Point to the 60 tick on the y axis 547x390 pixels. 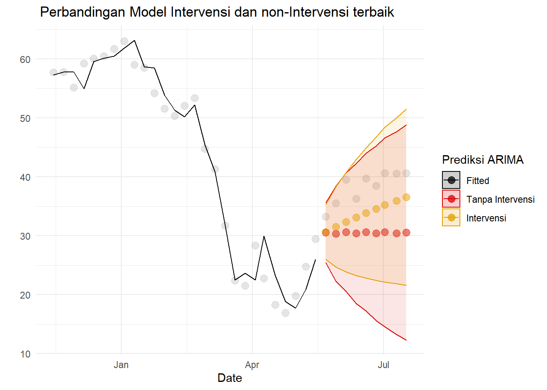click(25, 60)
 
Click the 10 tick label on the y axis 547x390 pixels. click(25, 354)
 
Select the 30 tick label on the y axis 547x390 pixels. click(25, 236)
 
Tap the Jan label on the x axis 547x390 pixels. click(121, 365)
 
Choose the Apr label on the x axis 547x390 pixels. click(252, 365)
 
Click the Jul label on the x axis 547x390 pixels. click(383, 365)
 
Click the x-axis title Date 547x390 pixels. click(230, 378)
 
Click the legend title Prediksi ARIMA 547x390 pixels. click(483, 160)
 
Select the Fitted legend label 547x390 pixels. click(478, 181)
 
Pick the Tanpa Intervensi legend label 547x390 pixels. click(500, 199)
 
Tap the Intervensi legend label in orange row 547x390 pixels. click(486, 218)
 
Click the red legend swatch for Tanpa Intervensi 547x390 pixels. click(451, 199)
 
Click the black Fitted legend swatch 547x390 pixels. click(451, 180)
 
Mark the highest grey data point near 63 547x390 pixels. click(125, 41)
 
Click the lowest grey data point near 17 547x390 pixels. click(285, 313)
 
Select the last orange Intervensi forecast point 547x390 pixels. click(406, 197)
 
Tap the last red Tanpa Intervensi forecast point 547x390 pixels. click(406, 232)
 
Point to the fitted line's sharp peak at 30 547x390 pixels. click(264, 236)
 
